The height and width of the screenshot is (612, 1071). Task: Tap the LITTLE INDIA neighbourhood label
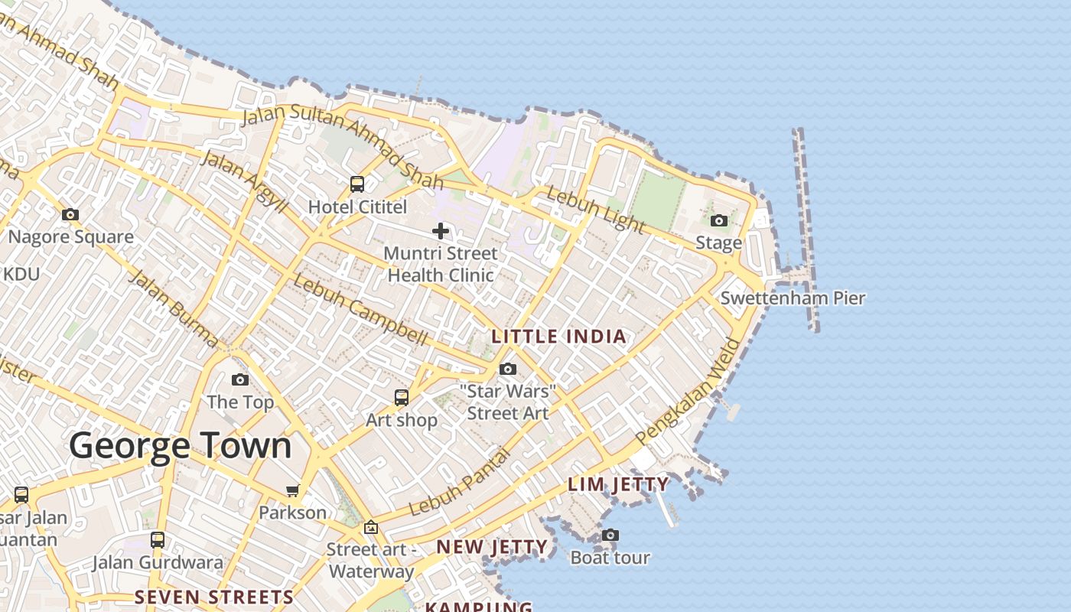click(x=558, y=337)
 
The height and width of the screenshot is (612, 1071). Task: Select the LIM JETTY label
click(x=618, y=484)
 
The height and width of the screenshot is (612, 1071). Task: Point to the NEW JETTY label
click(x=492, y=547)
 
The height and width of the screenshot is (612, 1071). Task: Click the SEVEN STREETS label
click(x=214, y=597)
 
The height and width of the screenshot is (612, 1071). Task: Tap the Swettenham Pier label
click(x=793, y=298)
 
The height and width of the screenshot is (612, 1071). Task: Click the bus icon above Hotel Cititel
click(x=357, y=184)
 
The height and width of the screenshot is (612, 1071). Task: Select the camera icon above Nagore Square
click(x=70, y=215)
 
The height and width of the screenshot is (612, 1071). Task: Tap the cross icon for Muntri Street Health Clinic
click(x=441, y=230)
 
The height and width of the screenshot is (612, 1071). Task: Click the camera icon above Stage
click(x=719, y=221)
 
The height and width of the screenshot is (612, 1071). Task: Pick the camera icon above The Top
click(x=240, y=380)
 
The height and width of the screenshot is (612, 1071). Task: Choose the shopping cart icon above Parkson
click(x=292, y=490)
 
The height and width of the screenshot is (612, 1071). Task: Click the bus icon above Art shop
click(x=402, y=398)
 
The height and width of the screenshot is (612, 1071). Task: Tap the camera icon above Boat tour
click(x=610, y=535)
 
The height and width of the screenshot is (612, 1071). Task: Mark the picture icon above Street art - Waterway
click(x=371, y=527)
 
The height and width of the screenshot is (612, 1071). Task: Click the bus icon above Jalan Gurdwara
click(x=158, y=540)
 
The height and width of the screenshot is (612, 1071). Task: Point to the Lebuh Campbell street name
click(x=360, y=309)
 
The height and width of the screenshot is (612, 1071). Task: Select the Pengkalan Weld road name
click(x=689, y=391)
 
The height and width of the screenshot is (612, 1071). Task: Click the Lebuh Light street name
click(x=595, y=209)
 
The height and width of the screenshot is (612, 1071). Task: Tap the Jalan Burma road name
click(x=173, y=308)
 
